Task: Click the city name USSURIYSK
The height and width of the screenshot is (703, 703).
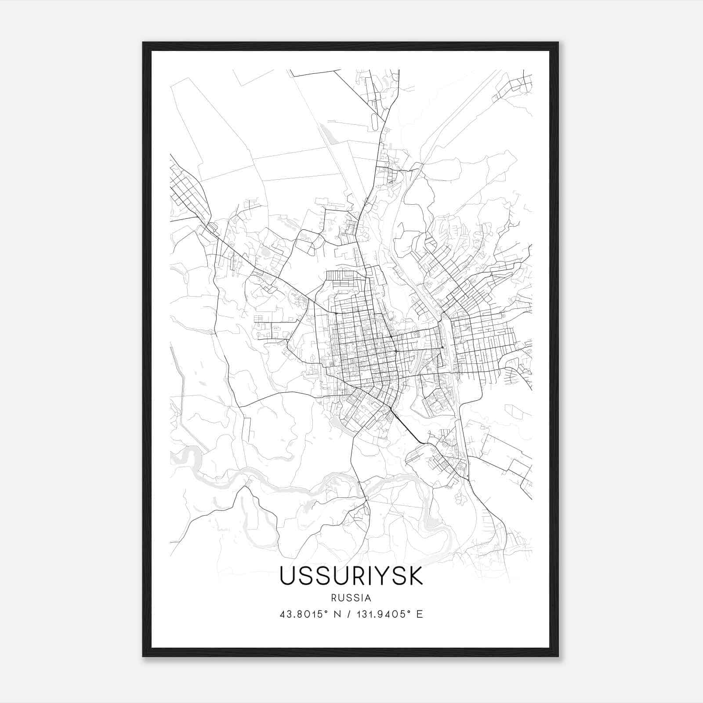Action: pyautogui.click(x=351, y=576)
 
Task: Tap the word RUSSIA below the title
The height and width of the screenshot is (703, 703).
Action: pyautogui.click(x=351, y=598)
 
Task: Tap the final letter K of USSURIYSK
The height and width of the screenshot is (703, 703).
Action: pyautogui.click(x=415, y=576)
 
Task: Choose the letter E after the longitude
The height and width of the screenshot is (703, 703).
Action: pyautogui.click(x=420, y=614)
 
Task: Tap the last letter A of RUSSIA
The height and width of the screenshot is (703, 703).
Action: pyautogui.click(x=368, y=598)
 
